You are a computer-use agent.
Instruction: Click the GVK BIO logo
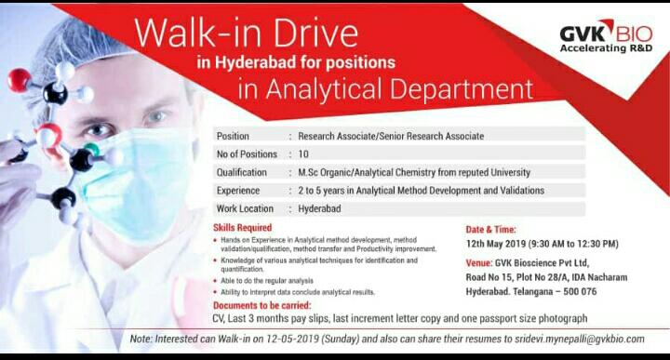[606, 36]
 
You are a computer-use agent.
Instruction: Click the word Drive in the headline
[315, 33]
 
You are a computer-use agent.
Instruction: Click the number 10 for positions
[303, 154]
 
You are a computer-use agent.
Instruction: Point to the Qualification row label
[241, 172]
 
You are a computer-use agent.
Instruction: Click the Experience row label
[238, 191]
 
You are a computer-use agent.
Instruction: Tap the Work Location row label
[245, 208]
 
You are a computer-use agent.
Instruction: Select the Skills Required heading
[242, 228]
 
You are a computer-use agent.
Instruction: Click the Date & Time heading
[491, 230]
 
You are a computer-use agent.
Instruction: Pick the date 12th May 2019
[496, 245]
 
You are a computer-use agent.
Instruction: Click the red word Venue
[478, 263]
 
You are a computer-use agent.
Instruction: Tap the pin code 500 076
[580, 292]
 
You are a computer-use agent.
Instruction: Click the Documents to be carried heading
[261, 306]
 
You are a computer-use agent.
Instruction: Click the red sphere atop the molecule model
[20, 80]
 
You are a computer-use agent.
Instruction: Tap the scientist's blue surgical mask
[137, 183]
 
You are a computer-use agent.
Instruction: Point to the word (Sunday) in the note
[340, 340]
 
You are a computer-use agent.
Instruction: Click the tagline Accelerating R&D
[606, 48]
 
